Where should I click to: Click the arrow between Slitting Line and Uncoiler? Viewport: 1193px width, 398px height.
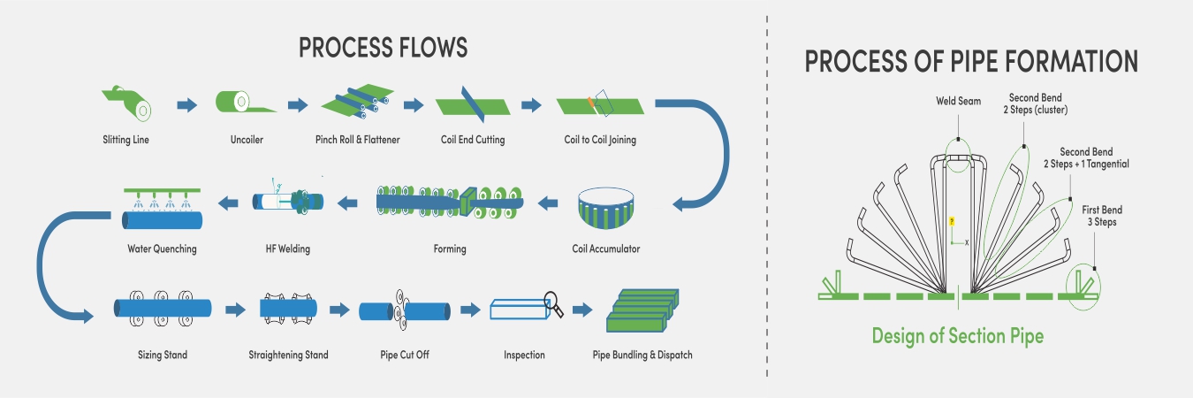point(186,105)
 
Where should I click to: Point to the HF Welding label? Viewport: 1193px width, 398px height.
point(289,249)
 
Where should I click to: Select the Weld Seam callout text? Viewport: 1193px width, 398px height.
point(958,102)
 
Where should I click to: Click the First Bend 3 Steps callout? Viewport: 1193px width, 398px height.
point(1102,216)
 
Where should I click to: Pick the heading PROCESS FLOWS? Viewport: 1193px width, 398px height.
point(383,48)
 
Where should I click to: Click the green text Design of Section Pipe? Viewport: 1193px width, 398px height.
point(957,336)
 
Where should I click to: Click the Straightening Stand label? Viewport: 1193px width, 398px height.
point(288,356)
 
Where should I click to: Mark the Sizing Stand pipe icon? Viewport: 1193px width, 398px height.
point(163,309)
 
